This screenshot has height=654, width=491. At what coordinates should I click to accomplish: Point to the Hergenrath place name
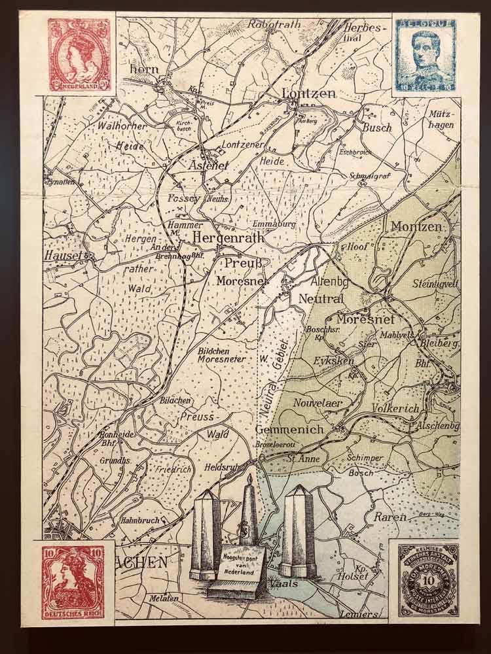coord(228,238)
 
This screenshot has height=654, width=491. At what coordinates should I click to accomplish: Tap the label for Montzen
coord(416,227)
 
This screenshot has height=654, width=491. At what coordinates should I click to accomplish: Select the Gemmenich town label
coord(289,430)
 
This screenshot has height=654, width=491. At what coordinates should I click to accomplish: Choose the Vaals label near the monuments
coord(287,583)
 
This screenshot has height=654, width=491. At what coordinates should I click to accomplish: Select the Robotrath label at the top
coord(274,25)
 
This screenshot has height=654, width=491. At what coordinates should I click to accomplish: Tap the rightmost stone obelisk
coord(299,530)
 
